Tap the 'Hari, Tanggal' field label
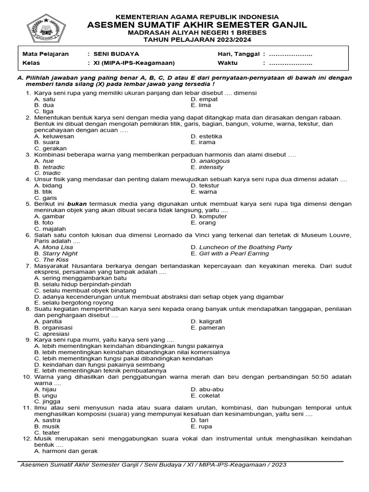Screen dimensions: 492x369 tap(238, 54)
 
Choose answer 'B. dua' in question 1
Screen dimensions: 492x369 tap(44, 105)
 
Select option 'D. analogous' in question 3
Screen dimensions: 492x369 tap(210, 161)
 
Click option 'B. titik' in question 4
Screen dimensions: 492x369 tap(43, 192)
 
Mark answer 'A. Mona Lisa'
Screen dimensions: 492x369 tap(54, 247)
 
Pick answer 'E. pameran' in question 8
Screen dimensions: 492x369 tap(208, 328)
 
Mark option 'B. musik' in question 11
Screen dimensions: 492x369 tap(47, 426)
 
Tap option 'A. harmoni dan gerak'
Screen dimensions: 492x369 tap(66, 451)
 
